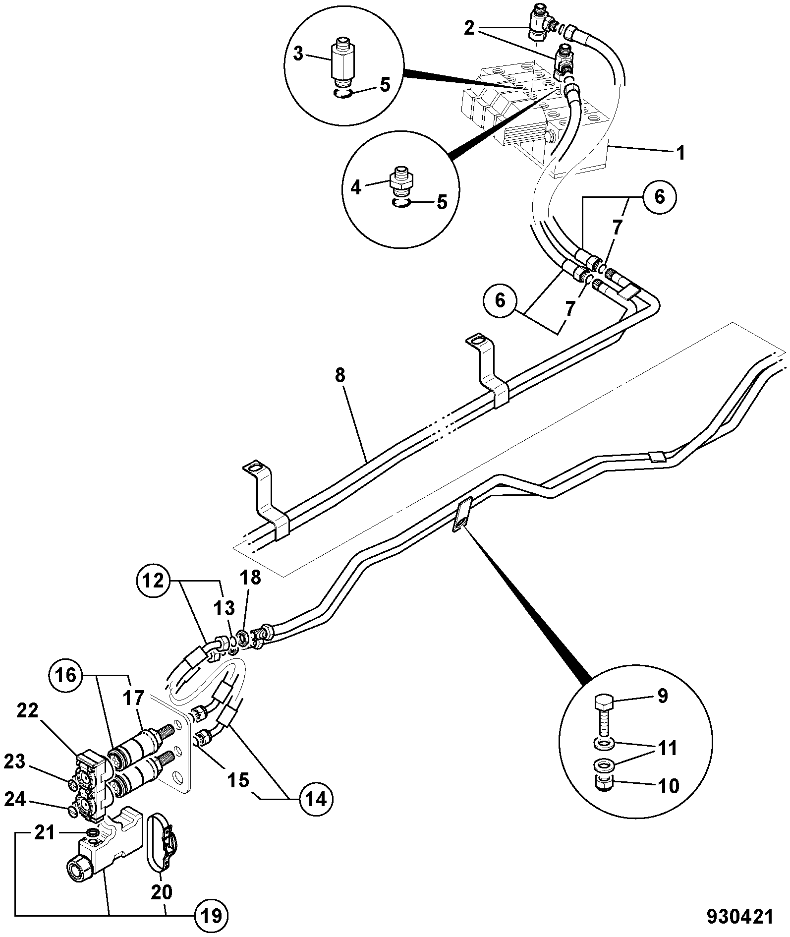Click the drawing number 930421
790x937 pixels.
tap(739, 916)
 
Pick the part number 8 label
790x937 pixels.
tap(339, 375)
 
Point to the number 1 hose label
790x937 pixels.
tap(681, 153)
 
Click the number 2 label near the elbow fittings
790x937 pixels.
tap(469, 28)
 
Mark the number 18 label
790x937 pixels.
tap(250, 578)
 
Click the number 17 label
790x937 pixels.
tap(133, 698)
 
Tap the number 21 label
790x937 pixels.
tap(44, 833)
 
